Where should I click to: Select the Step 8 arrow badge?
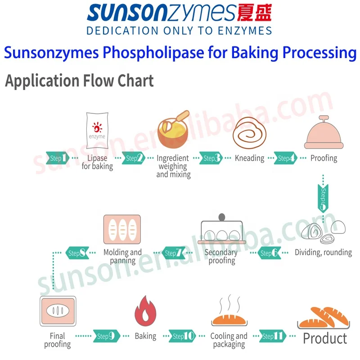[x=76, y=253]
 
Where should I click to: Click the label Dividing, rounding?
[x=323, y=252]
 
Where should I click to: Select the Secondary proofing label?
[x=221, y=256]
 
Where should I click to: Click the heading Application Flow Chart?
[x=79, y=81]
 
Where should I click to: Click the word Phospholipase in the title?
[x=153, y=53]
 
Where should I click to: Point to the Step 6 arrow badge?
[x=270, y=253]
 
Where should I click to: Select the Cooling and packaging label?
[x=229, y=340]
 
